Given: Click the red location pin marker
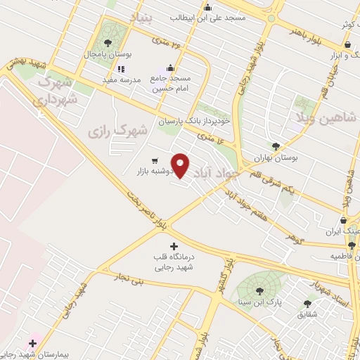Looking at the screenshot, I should (181, 165).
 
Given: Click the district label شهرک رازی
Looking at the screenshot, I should (119, 130).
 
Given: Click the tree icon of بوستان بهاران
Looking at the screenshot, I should (276, 146).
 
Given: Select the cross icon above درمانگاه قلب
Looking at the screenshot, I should (174, 246).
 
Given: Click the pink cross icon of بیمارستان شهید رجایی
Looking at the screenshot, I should (32, 342).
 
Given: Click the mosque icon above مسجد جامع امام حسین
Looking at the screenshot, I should (188, 68).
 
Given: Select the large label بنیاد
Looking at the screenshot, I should (141, 15).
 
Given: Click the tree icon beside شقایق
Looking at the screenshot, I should (307, 303).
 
